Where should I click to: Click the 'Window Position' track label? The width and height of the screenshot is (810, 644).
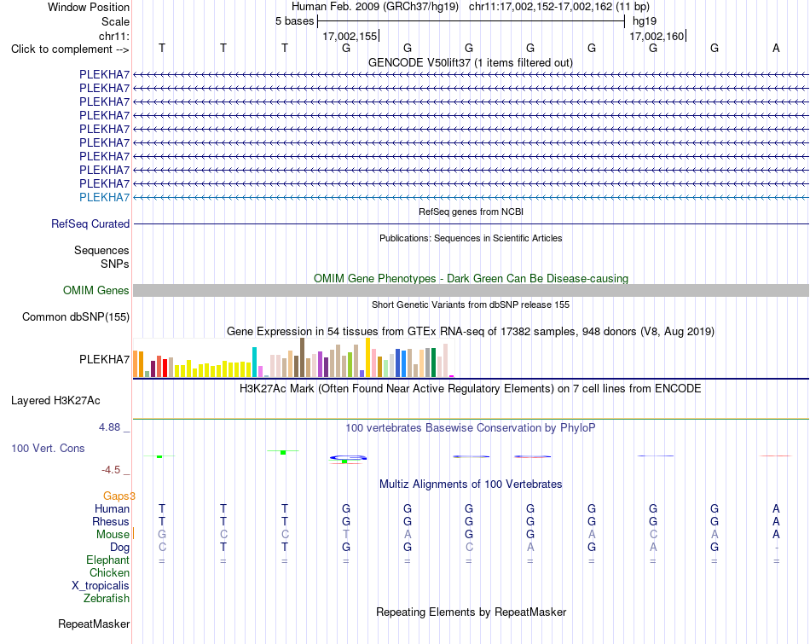[x=89, y=7]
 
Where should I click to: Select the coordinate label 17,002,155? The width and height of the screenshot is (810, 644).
[x=350, y=36]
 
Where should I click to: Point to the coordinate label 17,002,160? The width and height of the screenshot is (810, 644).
[x=657, y=36]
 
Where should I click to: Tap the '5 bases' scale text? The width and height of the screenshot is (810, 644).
[x=294, y=21]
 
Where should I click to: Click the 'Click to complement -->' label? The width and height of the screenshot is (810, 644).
[x=70, y=49]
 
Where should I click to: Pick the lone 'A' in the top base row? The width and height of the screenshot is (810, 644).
[x=776, y=48]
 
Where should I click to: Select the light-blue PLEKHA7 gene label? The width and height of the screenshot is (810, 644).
[x=104, y=197]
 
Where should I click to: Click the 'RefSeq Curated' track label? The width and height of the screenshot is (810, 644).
[x=90, y=223]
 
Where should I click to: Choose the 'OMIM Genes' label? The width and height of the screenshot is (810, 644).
[x=96, y=291]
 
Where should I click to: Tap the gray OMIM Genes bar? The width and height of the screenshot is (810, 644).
[x=472, y=291]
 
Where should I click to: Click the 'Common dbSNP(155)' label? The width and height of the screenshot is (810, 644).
[x=76, y=316]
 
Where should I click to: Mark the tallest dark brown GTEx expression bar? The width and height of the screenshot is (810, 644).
[x=302, y=357]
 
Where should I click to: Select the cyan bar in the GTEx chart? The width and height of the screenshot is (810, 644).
[x=254, y=363]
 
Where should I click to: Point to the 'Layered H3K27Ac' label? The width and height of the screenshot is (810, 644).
[x=55, y=401]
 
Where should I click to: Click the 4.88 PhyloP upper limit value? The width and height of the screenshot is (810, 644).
[x=109, y=427]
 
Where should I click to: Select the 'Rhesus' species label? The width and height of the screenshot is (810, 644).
[x=111, y=521]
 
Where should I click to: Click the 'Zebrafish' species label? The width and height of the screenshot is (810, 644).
[x=107, y=599]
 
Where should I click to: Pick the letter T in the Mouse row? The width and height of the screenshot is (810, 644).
[x=346, y=535]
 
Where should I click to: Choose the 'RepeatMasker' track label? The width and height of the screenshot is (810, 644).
[x=94, y=624]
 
